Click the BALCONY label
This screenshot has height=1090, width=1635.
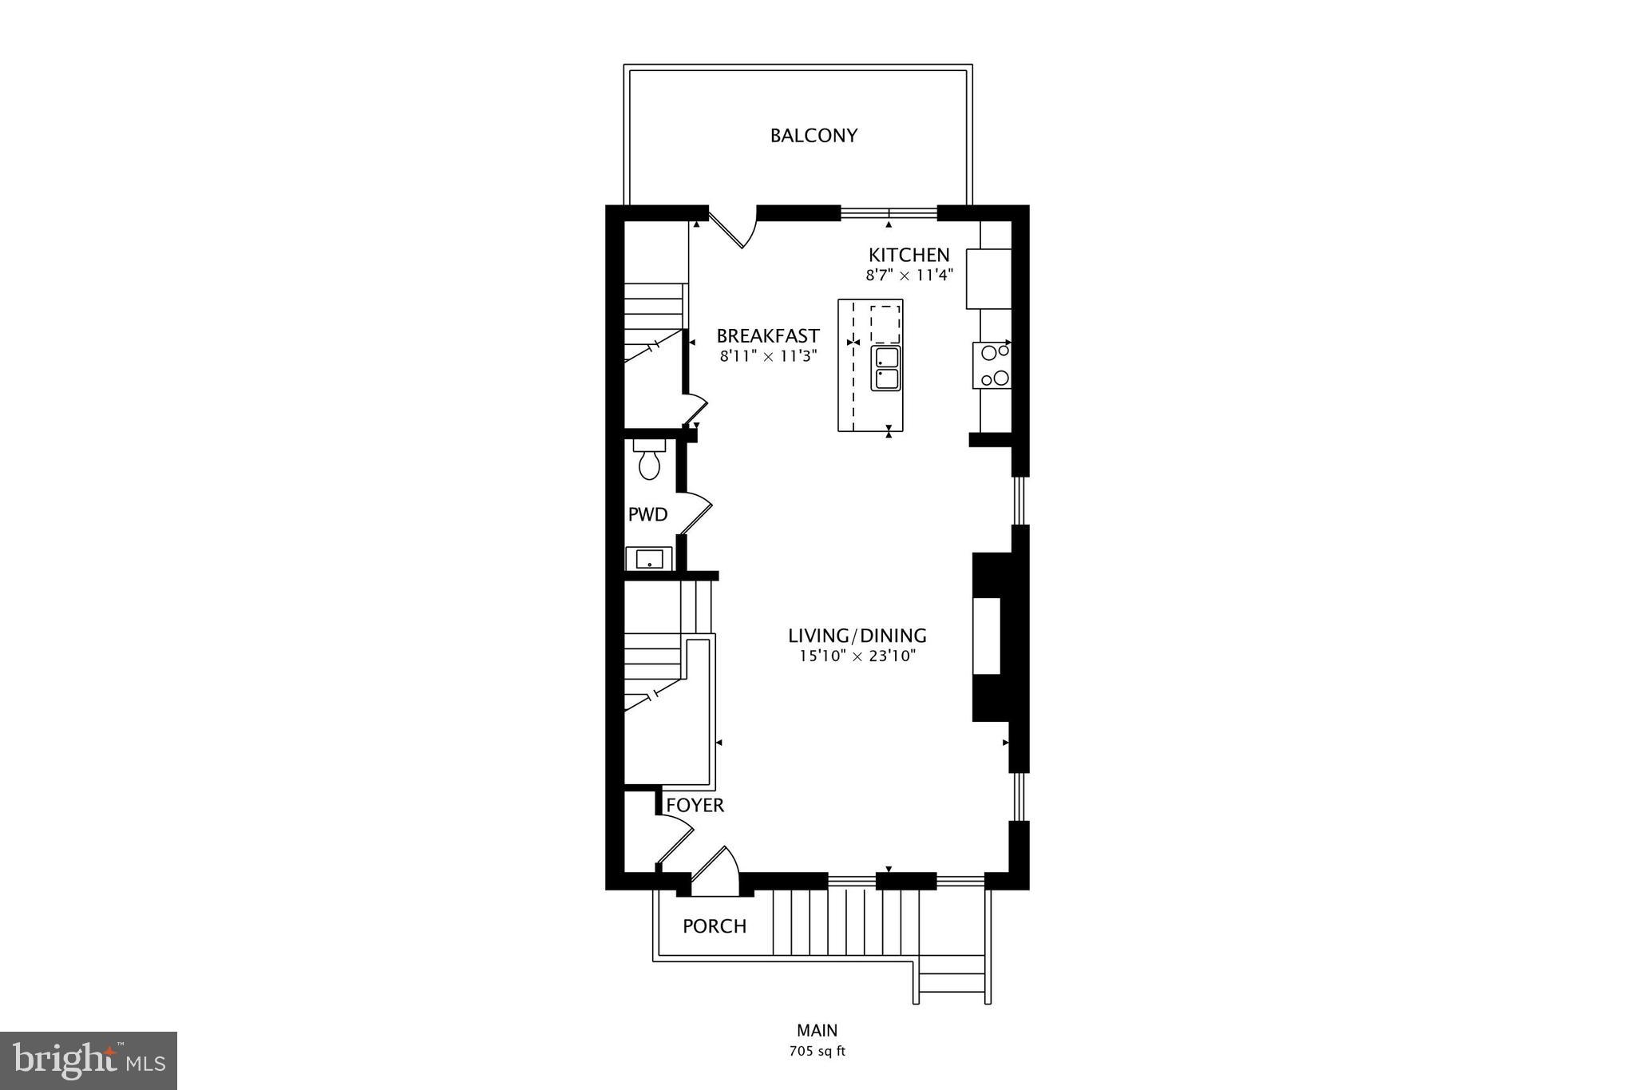[x=814, y=136]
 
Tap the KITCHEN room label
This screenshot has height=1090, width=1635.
[x=909, y=256]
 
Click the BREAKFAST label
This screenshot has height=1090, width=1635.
[x=767, y=336]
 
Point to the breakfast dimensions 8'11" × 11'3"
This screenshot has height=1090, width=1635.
[x=767, y=357]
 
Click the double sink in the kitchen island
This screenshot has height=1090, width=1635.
[x=885, y=368]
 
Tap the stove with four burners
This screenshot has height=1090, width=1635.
[x=992, y=365]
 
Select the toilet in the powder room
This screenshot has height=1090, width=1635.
[x=649, y=461]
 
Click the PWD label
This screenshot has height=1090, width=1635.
[x=647, y=515]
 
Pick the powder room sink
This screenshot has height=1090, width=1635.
[x=649, y=558]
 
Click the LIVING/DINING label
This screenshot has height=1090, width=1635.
[x=857, y=636]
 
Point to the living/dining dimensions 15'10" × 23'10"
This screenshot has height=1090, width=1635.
[x=857, y=656]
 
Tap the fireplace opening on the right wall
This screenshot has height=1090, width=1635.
[x=986, y=636]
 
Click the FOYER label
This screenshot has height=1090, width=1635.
[x=695, y=806]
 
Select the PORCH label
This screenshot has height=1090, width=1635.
[x=715, y=926]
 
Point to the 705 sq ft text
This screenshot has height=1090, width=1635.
[x=817, y=1051]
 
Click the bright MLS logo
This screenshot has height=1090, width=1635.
[x=89, y=1060]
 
